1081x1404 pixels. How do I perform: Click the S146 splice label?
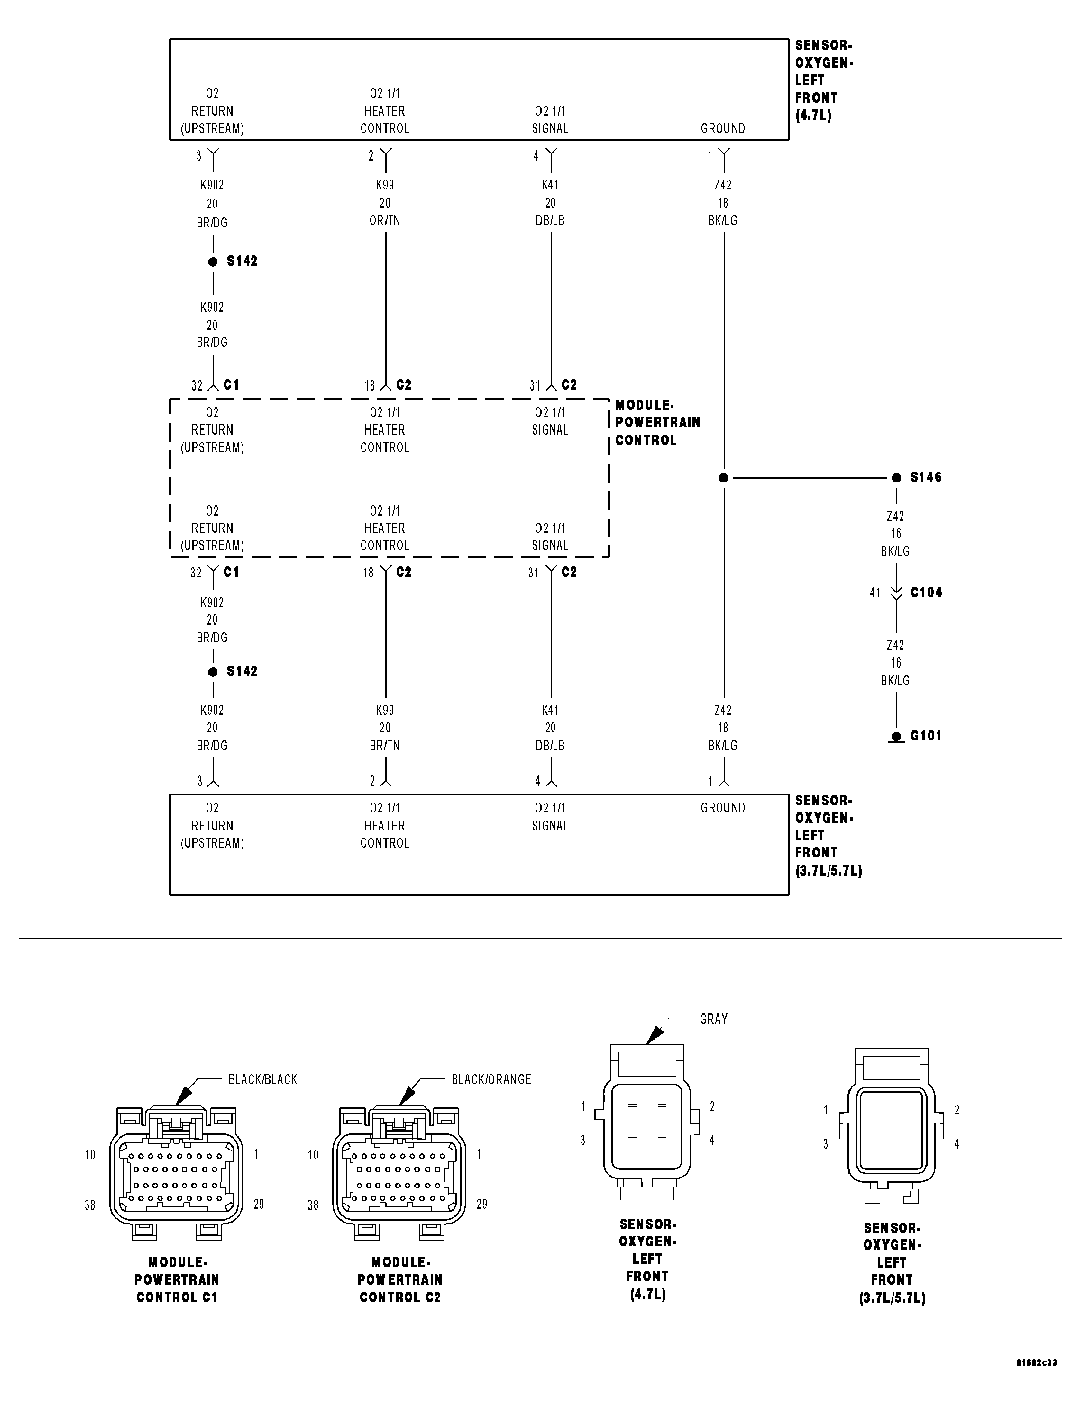[x=925, y=477]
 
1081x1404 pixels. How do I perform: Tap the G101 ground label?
[x=925, y=735]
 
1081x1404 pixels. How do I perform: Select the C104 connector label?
[x=925, y=592]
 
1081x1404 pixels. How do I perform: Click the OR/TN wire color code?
[x=384, y=220]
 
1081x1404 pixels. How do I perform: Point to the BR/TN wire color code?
[x=384, y=745]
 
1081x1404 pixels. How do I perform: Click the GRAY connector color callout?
[x=713, y=1019]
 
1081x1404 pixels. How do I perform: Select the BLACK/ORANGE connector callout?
[x=491, y=1080]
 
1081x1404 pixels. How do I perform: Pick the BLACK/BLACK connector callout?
[x=263, y=1080]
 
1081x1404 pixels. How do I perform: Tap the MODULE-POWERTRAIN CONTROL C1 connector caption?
[x=177, y=1280]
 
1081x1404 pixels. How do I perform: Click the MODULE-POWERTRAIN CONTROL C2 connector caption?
[x=400, y=1280]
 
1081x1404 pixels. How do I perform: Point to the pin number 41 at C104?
[x=875, y=593]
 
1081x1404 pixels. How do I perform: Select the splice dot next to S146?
[x=897, y=478]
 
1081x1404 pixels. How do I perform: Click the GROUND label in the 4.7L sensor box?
[x=722, y=129]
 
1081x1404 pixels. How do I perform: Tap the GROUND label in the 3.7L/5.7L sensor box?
[x=722, y=808]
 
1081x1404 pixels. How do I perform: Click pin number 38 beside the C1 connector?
[x=90, y=1205]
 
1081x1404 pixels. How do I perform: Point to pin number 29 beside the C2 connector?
[x=482, y=1204]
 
